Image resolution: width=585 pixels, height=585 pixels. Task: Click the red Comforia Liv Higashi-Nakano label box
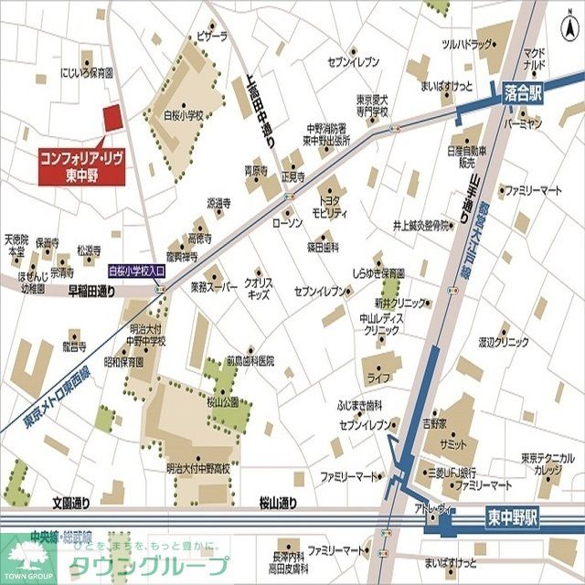coord(81,165)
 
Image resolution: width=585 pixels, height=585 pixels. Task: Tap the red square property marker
coord(112,119)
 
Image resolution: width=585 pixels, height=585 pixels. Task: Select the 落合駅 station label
coord(523,91)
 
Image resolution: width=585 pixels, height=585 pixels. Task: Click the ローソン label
coord(287,222)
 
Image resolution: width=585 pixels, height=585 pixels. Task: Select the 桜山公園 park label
coord(222,401)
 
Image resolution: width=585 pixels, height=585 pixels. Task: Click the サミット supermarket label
coord(452,442)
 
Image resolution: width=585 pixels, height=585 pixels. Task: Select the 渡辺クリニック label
coord(504,342)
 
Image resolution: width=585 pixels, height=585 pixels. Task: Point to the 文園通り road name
coord(71,502)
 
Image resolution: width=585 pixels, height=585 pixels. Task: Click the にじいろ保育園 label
coord(86,71)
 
